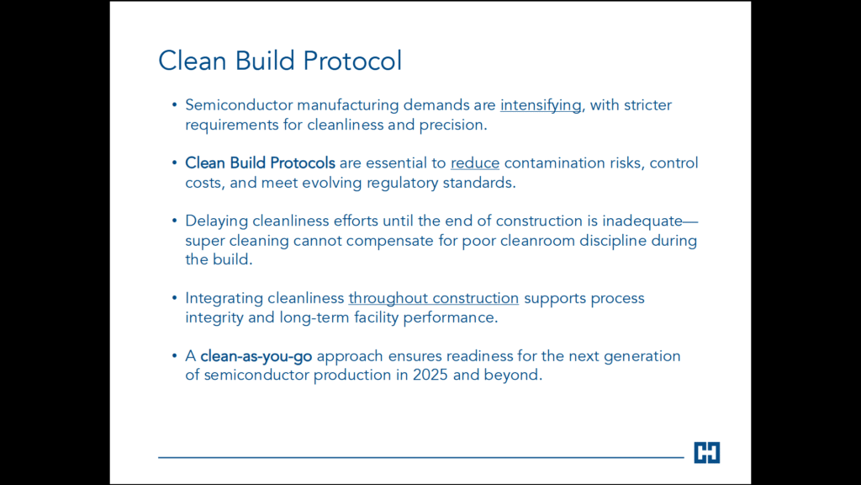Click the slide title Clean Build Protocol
(280, 61)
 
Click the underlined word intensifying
(541, 105)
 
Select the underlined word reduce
(475, 163)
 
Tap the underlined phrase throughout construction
(434, 299)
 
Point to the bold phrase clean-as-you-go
(256, 356)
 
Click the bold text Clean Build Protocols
(260, 163)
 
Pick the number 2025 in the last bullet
(430, 375)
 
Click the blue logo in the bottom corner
(706, 452)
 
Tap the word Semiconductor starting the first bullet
(238, 105)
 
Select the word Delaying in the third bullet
(216, 221)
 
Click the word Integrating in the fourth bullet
(224, 299)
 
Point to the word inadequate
(642, 221)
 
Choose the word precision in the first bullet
(453, 125)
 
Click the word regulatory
(403, 183)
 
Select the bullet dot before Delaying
(175, 221)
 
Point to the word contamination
(555, 163)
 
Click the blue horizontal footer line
(421, 457)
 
